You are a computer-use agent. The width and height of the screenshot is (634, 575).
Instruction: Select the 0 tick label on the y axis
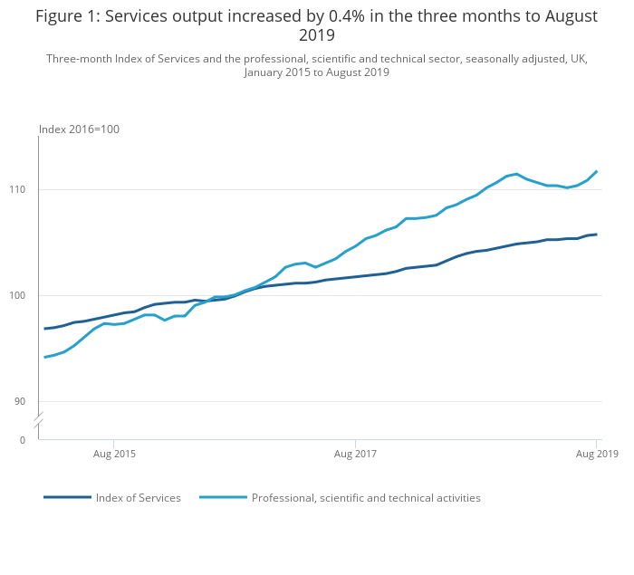[x=22, y=441]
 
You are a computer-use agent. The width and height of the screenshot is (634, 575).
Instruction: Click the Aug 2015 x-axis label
[x=114, y=453]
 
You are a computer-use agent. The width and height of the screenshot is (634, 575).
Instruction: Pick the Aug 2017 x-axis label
[x=355, y=453]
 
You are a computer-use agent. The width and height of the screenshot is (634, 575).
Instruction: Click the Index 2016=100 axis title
[x=79, y=129]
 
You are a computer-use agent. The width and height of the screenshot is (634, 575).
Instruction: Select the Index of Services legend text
[x=139, y=498]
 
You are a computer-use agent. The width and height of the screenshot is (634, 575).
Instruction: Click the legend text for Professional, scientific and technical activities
[x=366, y=498]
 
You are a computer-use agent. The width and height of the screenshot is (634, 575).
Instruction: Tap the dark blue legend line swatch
[x=67, y=497]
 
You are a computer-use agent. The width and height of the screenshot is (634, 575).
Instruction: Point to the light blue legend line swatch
[x=223, y=497]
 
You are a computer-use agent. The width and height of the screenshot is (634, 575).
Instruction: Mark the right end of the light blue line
[x=597, y=171]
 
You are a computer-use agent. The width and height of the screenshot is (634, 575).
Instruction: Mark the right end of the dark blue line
[x=597, y=235]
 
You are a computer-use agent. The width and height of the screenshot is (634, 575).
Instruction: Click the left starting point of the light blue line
[x=44, y=357]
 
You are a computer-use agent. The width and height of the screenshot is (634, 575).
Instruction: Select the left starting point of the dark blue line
[x=44, y=329]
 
